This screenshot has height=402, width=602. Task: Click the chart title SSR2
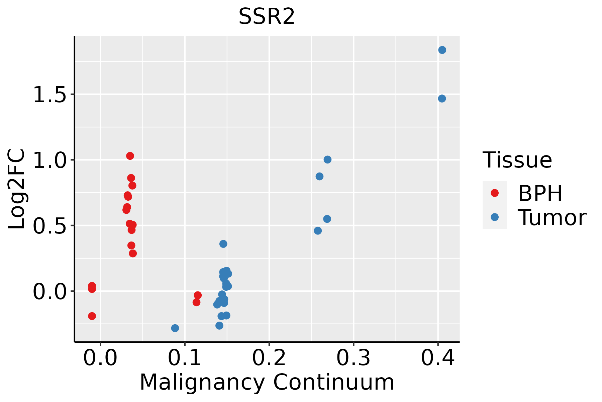point(267,16)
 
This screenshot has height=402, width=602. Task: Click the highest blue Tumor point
point(442,50)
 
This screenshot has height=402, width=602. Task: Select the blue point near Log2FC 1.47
point(442,98)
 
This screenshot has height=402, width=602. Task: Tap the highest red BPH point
point(130,156)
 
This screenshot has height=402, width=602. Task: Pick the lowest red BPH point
point(92,316)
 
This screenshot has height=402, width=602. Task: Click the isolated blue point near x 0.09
point(175,328)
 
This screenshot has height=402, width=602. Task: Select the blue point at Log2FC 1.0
point(327,159)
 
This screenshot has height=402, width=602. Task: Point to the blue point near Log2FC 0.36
point(223,244)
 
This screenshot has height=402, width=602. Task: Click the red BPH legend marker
point(494,193)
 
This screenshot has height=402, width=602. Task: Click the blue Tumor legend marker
point(494,217)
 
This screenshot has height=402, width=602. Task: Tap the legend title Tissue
point(517,160)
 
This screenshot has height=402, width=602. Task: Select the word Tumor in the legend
point(552,218)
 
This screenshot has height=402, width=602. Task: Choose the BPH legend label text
point(540,193)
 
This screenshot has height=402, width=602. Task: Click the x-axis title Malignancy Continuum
point(267,382)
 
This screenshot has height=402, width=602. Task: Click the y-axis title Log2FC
point(16,189)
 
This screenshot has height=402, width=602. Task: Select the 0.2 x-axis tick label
point(269,358)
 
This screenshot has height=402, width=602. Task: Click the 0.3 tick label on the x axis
point(353,358)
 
